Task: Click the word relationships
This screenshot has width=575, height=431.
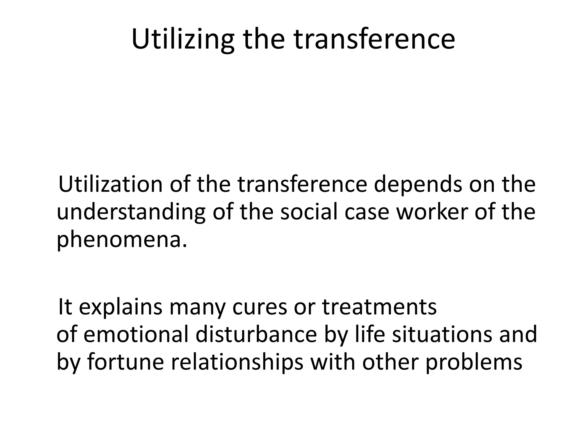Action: (237, 362)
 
